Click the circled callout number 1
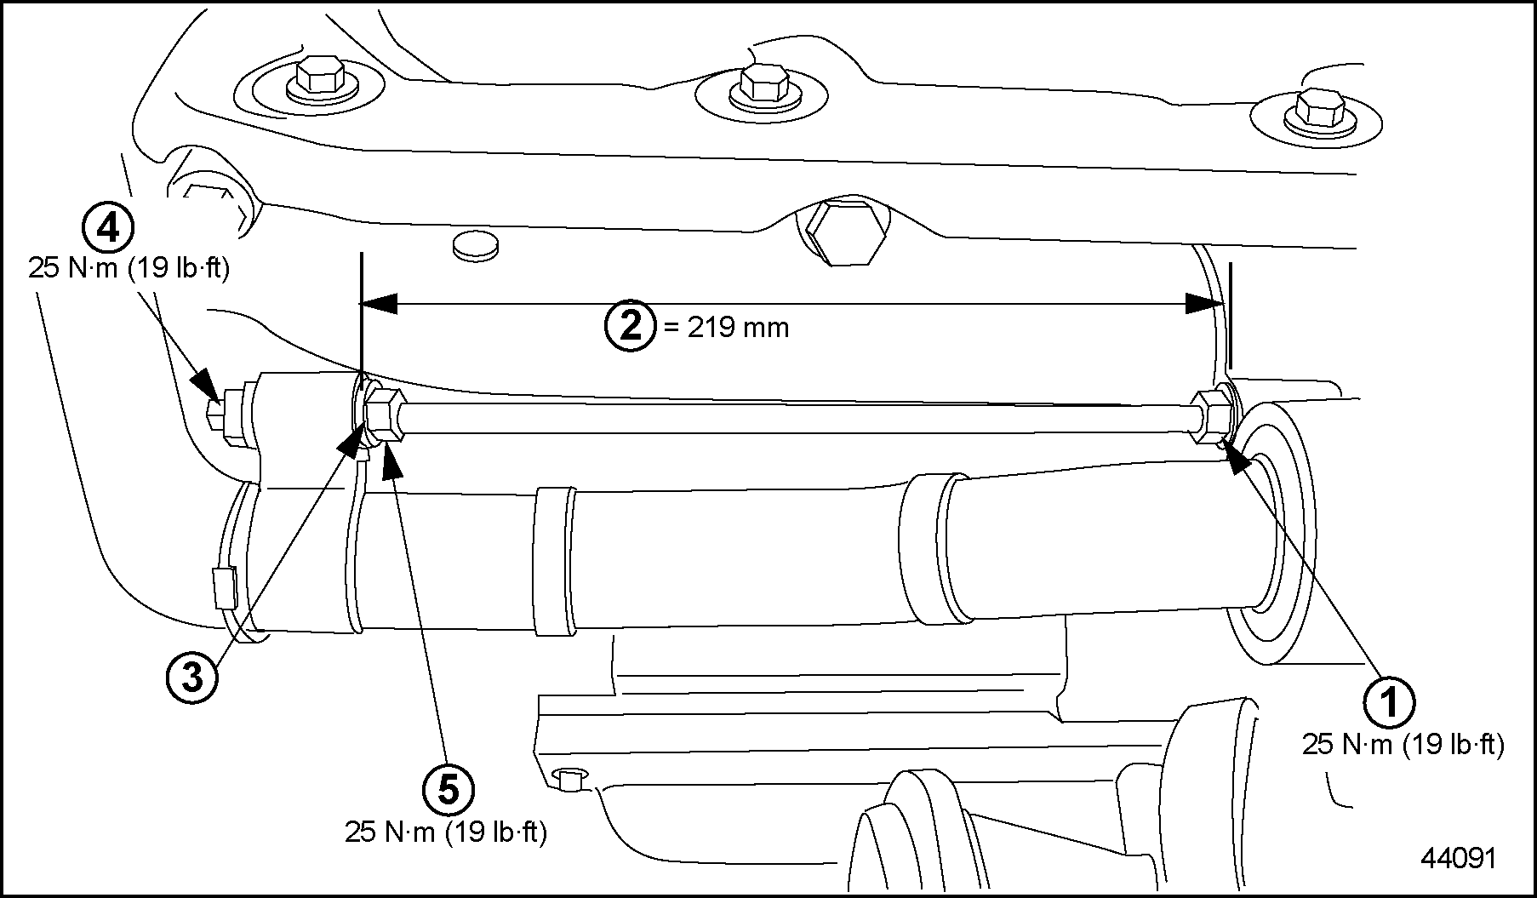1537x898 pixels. tap(1389, 702)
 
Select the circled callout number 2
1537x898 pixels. tap(631, 326)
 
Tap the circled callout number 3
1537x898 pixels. tap(193, 678)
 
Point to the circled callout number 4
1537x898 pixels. tap(107, 227)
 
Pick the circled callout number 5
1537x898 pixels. tap(449, 790)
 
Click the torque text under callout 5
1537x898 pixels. tap(445, 832)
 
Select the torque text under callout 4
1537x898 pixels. tap(129, 268)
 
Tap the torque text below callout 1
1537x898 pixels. tap(1403, 745)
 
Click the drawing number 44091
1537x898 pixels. tap(1457, 858)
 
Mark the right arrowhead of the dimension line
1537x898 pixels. tap(1204, 303)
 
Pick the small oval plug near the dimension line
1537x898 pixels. tap(477, 246)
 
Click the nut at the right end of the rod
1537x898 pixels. tap(1210, 415)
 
